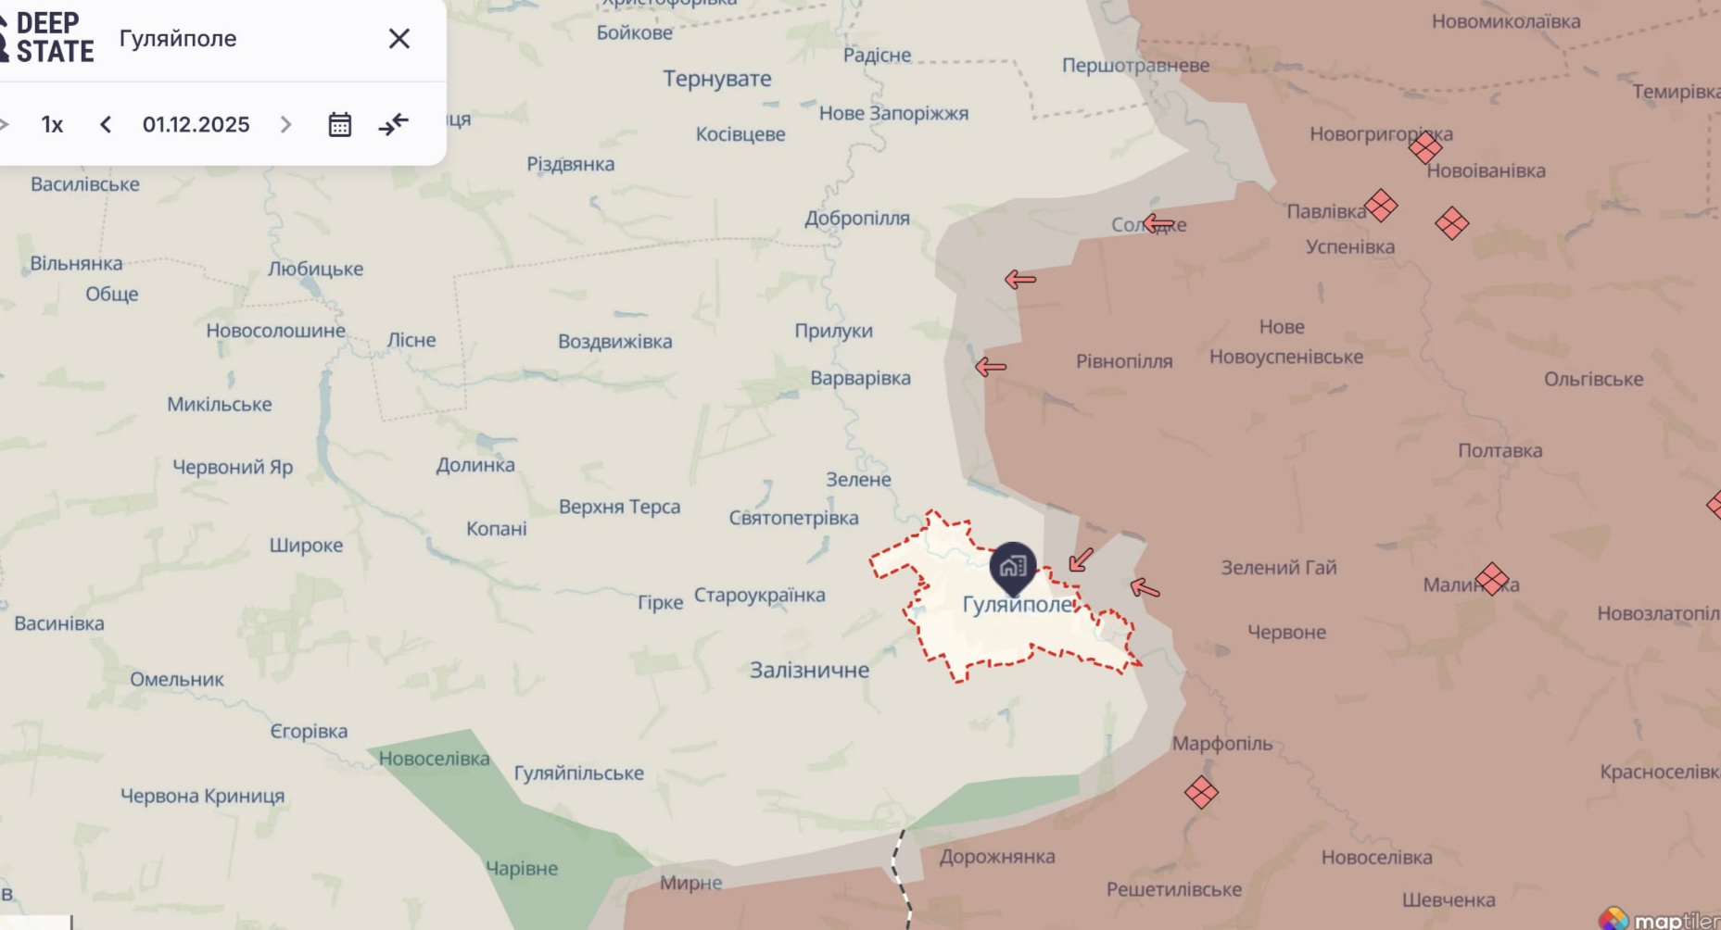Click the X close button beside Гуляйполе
click(399, 39)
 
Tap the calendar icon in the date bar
click(340, 124)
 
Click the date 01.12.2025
click(196, 124)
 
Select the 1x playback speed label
click(52, 124)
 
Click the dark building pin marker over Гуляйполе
click(1012, 566)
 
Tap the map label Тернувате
click(716, 79)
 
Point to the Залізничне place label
click(809, 670)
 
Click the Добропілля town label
click(856, 219)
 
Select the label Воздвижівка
click(614, 342)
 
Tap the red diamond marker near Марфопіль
click(1201, 792)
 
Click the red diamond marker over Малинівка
click(1492, 579)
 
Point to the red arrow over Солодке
click(1158, 223)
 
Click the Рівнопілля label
click(1123, 361)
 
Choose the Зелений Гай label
click(1278, 568)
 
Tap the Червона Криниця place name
click(202, 796)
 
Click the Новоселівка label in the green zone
click(434, 759)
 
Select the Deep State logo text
click(54, 38)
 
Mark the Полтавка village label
click(1500, 451)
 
